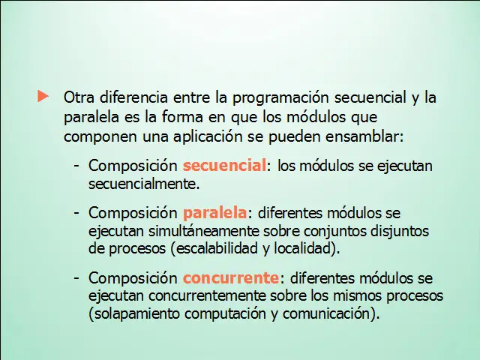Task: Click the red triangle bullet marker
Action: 43,96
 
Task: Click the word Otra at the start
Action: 79,97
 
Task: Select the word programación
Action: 280,98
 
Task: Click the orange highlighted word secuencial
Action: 225,166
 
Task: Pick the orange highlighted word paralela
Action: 214,214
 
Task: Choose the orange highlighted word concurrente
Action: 231,278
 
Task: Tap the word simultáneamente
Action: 204,231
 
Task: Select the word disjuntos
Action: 400,232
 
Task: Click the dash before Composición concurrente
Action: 76,278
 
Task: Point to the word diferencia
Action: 133,97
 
